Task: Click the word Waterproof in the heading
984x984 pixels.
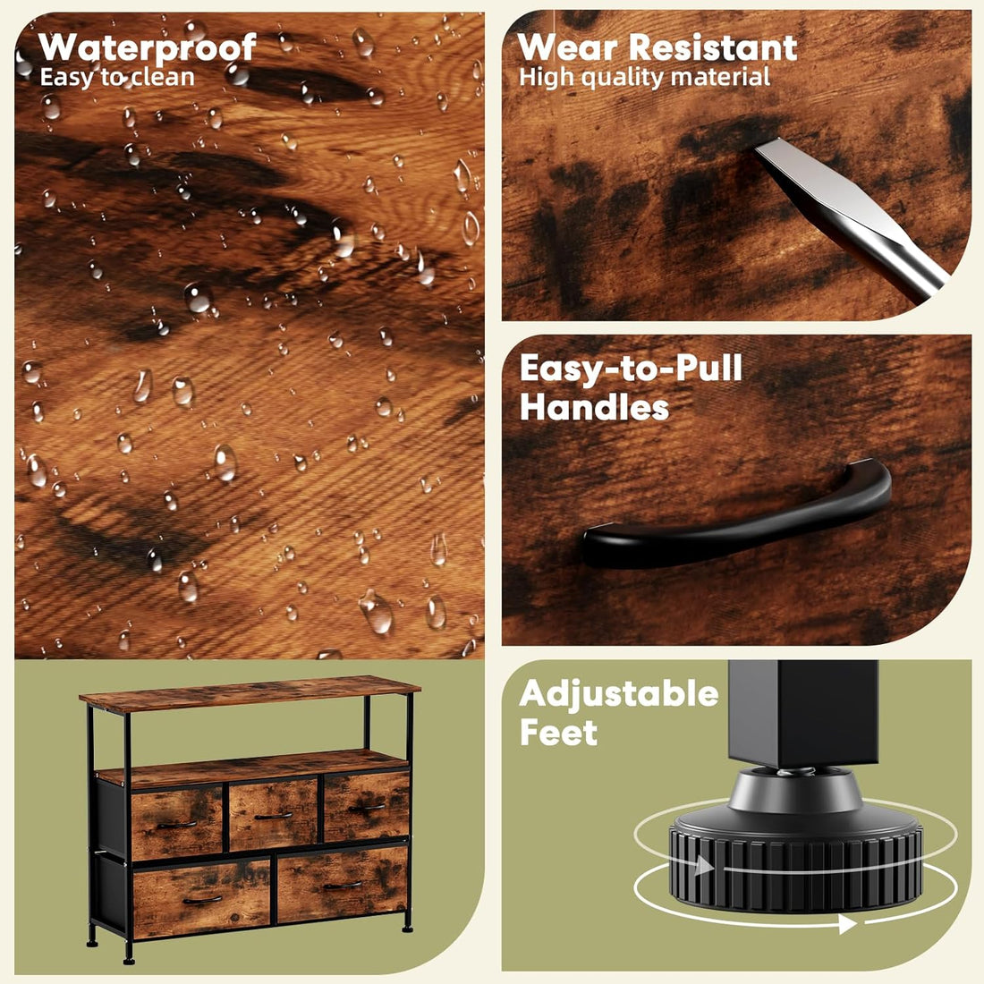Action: click(x=147, y=47)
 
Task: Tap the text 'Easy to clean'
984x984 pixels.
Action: click(x=117, y=77)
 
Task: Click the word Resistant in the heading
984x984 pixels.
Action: click(x=713, y=47)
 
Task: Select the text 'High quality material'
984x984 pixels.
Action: click(x=644, y=77)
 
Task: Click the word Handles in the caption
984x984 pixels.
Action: click(x=594, y=407)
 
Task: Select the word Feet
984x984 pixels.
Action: click(x=558, y=733)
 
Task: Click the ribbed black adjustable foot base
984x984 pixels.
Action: click(x=796, y=860)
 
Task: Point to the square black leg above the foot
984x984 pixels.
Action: click(x=803, y=712)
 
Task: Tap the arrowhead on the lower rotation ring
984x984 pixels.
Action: click(x=847, y=923)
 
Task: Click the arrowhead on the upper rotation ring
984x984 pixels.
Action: click(x=704, y=866)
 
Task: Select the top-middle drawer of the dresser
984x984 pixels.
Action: click(x=273, y=814)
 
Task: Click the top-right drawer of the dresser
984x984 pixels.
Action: click(x=367, y=806)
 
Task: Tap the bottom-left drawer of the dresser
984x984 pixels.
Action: click(x=201, y=898)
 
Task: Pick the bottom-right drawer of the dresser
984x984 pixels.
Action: click(x=343, y=884)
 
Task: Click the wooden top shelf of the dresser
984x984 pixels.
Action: click(x=250, y=692)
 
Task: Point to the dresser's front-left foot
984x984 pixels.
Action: click(x=129, y=958)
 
